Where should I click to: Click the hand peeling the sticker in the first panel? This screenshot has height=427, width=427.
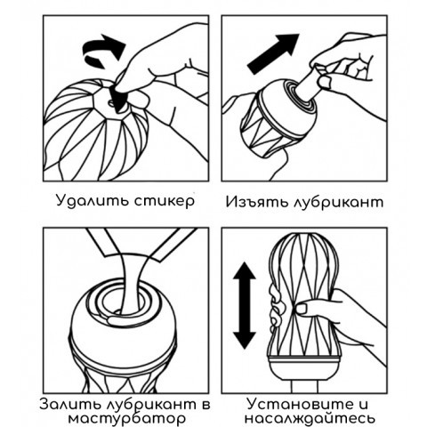(165, 71)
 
